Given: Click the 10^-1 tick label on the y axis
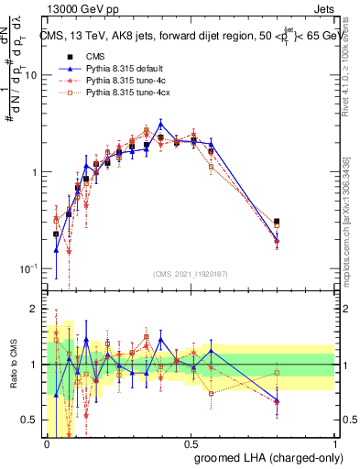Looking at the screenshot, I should (28, 268).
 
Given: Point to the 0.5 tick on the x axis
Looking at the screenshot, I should (191, 442).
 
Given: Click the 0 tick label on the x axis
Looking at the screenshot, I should (47, 442).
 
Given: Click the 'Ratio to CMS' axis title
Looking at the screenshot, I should (12, 365).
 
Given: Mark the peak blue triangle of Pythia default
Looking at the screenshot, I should (160, 123).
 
